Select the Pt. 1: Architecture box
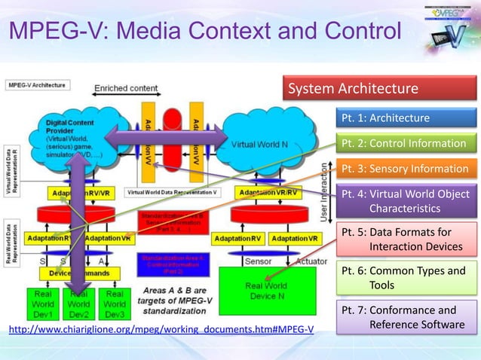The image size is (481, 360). (x=406, y=118)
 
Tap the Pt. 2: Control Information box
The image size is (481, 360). (x=406, y=143)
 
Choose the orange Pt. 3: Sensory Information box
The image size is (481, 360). (x=406, y=169)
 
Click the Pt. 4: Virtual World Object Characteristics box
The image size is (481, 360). (x=406, y=201)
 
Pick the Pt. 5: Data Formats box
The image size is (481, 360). (x=406, y=239)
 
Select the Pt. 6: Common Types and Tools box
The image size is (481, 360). (x=406, y=279)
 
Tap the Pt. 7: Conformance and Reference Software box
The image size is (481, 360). (x=406, y=317)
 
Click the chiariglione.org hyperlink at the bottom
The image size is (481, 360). (x=161, y=329)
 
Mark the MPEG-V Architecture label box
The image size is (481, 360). (x=37, y=87)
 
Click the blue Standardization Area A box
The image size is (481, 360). (x=171, y=264)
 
